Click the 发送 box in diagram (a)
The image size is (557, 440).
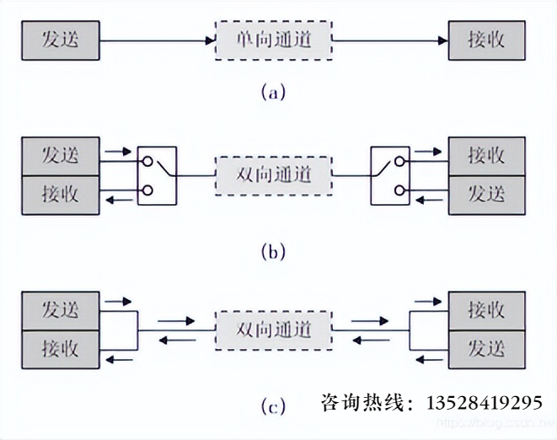(x=60, y=40)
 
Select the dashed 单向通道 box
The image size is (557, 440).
(x=273, y=40)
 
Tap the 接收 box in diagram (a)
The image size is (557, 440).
(x=487, y=40)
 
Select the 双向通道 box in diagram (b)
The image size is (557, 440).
(x=273, y=175)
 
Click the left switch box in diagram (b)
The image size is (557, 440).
(x=158, y=175)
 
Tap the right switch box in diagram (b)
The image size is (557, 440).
(x=389, y=175)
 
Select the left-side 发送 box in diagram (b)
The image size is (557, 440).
(x=60, y=155)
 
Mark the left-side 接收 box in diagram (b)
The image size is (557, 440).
(x=60, y=195)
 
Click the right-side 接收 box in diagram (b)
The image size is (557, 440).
(x=487, y=155)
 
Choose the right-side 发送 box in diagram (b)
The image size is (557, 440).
(x=487, y=194)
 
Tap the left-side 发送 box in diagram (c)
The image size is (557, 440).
(x=60, y=310)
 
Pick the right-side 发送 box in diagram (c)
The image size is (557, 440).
(x=487, y=348)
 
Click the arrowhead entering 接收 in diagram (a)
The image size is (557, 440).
(x=441, y=40)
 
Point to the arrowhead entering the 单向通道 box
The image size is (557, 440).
(x=211, y=40)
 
